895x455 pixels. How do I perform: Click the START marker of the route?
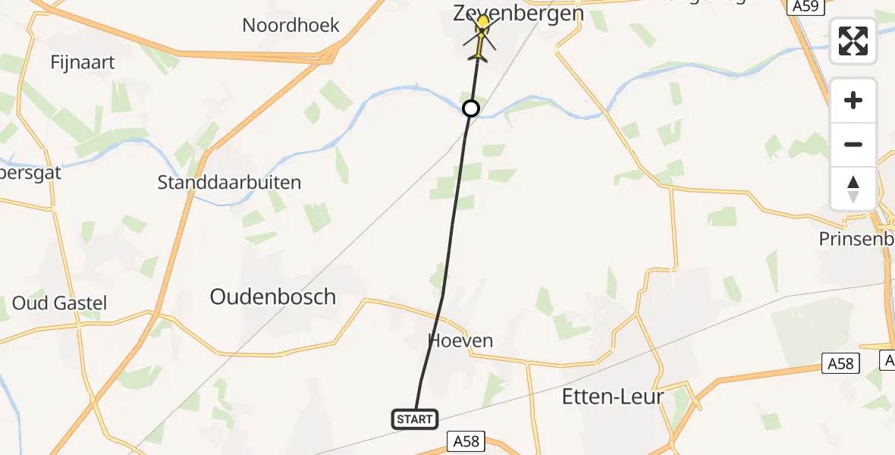point(415,419)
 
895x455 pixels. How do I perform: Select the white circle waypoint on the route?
point(471,108)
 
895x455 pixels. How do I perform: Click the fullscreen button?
point(853,41)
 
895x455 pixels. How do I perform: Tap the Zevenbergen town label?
point(518,13)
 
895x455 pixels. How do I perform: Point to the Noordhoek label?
point(290,25)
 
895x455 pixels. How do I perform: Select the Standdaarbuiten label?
point(229,182)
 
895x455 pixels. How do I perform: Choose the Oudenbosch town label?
point(272,297)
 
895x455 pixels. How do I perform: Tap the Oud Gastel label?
point(59,303)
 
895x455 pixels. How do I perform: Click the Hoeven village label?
point(460,340)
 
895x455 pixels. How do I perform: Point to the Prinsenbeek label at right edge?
point(856,239)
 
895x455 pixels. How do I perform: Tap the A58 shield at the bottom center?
point(466,441)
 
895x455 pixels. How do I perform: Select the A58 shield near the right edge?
point(840,364)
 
